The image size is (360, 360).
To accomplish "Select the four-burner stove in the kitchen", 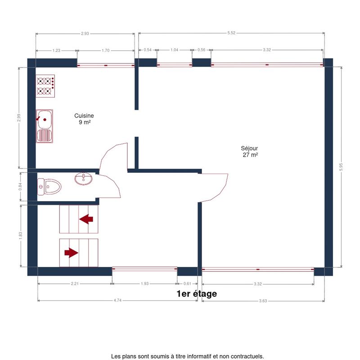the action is (x=45, y=86).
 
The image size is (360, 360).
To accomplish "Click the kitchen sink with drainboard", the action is (x=44, y=126).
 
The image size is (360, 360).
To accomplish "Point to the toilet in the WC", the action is (x=49, y=187).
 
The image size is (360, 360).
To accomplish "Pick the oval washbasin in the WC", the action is (x=84, y=178).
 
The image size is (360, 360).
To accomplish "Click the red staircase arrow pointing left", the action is (x=86, y=219).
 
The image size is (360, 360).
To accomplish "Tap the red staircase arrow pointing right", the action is (x=71, y=253).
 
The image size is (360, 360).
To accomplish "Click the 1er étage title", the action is (x=197, y=294).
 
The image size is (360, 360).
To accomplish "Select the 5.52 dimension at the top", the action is (x=231, y=33).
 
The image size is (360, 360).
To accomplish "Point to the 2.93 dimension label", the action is (x=85, y=33).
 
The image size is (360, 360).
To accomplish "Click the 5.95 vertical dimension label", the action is (x=341, y=167).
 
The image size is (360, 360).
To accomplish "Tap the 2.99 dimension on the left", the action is (x=19, y=118).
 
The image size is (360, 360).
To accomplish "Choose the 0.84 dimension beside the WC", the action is (x=20, y=186).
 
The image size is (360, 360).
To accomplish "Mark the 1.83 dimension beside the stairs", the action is (x=20, y=235).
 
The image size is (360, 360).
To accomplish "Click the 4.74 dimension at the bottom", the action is (x=117, y=300).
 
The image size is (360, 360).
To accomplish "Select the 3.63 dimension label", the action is (x=263, y=301).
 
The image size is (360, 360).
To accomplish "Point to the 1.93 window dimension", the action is (x=145, y=283).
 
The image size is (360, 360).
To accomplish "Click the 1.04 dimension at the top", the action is (x=175, y=50).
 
